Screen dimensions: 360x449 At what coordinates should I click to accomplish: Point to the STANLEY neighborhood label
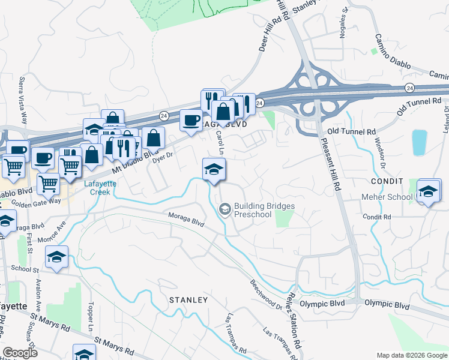(x=188, y=299)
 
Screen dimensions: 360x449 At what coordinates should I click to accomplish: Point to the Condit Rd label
(x=376, y=217)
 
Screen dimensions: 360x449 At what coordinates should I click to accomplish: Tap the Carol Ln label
(x=219, y=143)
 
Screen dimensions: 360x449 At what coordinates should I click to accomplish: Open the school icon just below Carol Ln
(x=214, y=169)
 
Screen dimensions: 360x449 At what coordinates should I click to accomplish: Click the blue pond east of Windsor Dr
(x=420, y=143)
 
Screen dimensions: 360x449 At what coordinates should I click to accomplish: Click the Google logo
(x=20, y=352)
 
